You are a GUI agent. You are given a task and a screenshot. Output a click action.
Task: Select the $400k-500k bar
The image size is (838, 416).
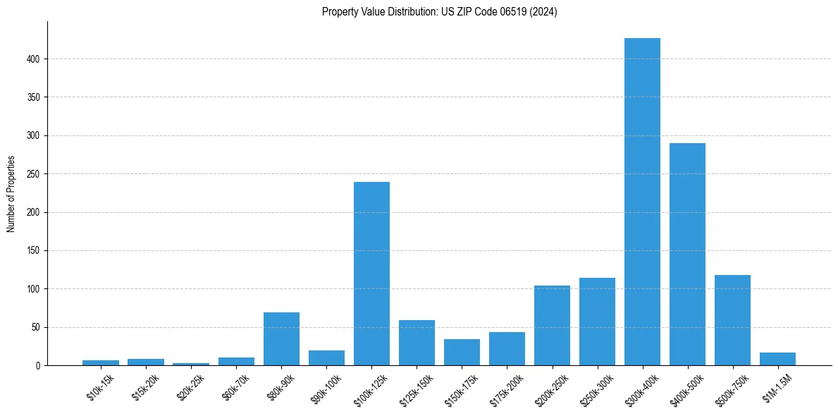[x=687, y=254]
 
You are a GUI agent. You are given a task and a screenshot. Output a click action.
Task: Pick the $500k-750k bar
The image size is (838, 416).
[x=732, y=320]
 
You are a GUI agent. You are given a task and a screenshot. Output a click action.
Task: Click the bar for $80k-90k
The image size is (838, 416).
[x=281, y=338]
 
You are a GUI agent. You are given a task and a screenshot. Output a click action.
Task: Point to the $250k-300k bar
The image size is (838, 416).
[x=597, y=322]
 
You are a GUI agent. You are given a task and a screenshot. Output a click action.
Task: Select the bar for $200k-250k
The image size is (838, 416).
[x=552, y=325]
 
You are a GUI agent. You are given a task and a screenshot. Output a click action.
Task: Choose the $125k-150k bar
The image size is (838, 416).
[x=417, y=343]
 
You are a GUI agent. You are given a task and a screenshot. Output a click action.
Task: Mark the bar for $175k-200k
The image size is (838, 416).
[x=507, y=348]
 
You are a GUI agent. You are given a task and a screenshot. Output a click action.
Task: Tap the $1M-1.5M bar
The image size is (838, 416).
[x=777, y=359]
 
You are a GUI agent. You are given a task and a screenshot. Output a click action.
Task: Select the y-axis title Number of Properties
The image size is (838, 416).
[x=11, y=194]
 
